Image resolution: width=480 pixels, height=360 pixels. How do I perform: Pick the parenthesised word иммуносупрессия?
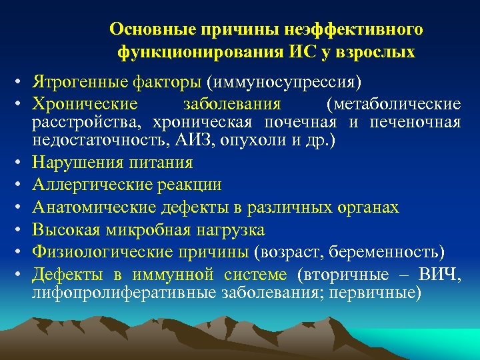click(x=284, y=83)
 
